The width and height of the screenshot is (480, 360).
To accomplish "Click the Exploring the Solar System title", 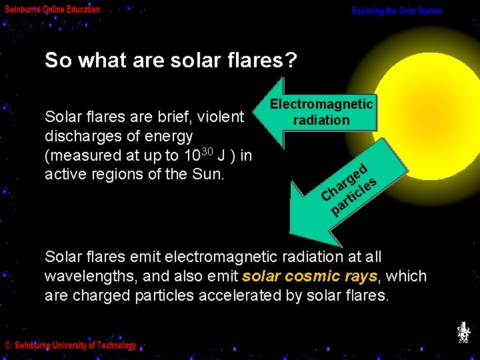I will click(x=397, y=11).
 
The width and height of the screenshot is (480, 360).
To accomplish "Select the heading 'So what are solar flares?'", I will click(x=171, y=61).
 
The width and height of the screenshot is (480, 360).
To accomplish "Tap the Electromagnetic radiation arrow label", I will click(x=321, y=112).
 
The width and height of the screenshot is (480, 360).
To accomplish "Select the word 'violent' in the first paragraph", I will click(x=221, y=117).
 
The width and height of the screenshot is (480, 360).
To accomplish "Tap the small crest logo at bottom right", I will click(x=463, y=332).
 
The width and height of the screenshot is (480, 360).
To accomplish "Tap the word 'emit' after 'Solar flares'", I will click(x=137, y=257).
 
